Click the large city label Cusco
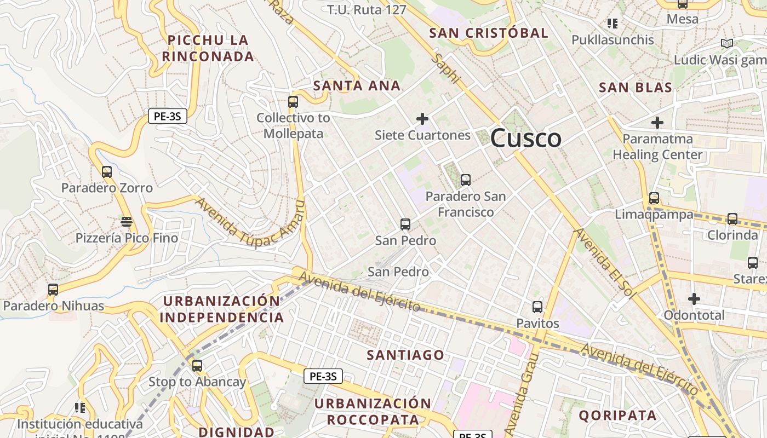(x=525, y=138)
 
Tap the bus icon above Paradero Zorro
(x=107, y=172)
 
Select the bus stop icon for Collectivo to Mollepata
(x=293, y=101)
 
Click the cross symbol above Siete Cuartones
(x=422, y=118)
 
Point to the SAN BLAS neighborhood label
(x=636, y=88)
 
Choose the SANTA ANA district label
(x=357, y=86)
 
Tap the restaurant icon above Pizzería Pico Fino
(x=127, y=222)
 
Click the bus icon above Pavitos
(x=537, y=307)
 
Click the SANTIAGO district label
(x=405, y=355)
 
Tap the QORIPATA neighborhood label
(x=617, y=416)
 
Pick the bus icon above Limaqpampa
(x=654, y=198)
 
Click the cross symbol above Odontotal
(x=694, y=299)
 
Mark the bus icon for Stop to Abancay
(x=197, y=366)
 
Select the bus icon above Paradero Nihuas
(x=53, y=290)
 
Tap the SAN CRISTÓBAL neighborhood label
(x=488, y=33)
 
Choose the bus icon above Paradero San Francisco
(x=466, y=180)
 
